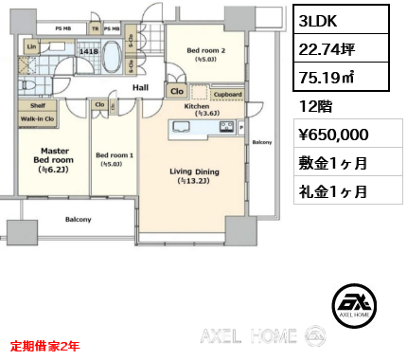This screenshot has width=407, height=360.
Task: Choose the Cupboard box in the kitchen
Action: pyautogui.click(x=229, y=95)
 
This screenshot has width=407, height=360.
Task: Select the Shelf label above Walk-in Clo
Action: pyautogui.click(x=37, y=106)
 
